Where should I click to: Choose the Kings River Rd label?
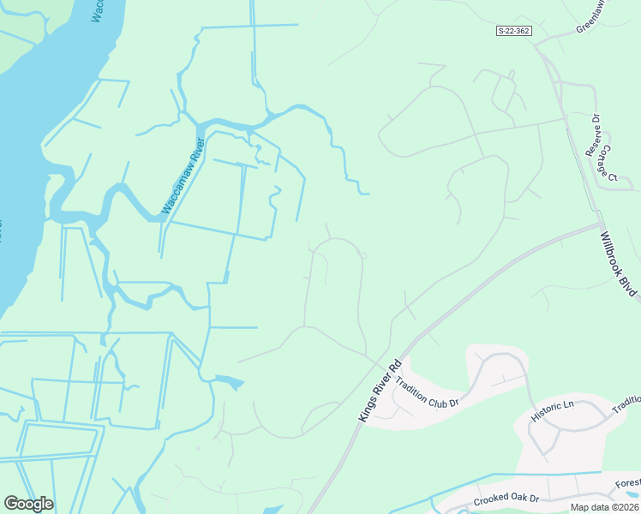tap(379, 391)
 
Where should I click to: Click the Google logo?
tap(28, 504)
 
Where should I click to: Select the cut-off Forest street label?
tap(627, 482)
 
